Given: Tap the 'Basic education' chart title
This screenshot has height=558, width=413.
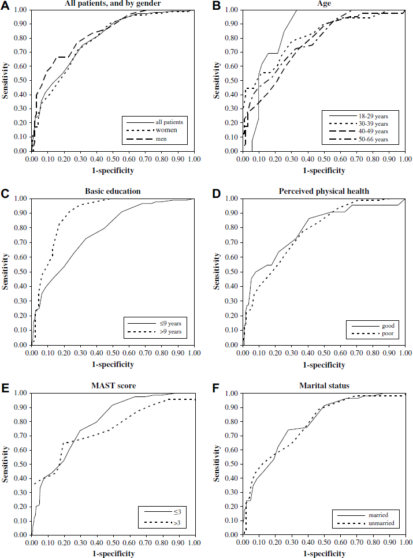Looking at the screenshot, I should click(x=113, y=192).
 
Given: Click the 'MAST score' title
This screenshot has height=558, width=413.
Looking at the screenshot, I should click(x=113, y=385).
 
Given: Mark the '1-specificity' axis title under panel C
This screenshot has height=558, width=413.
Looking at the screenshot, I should click(x=113, y=364).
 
